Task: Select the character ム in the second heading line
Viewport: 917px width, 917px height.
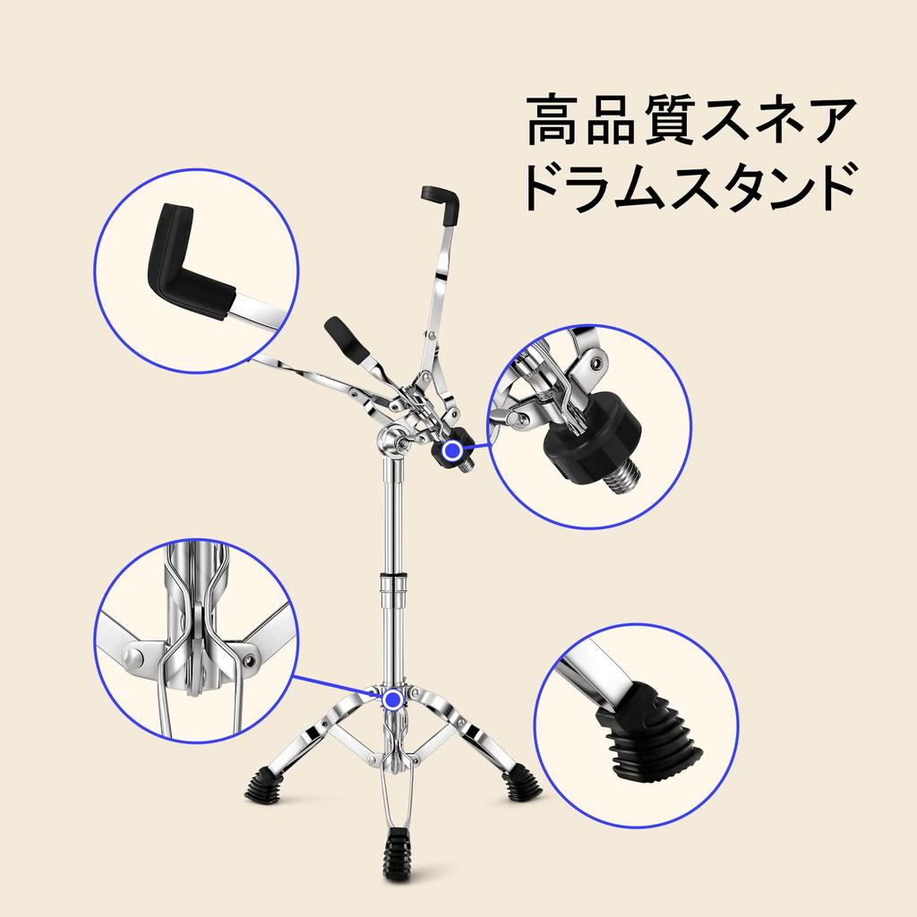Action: (674, 186)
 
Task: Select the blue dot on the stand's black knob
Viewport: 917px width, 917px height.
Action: (455, 450)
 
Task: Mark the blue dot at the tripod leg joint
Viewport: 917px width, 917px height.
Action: (391, 698)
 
